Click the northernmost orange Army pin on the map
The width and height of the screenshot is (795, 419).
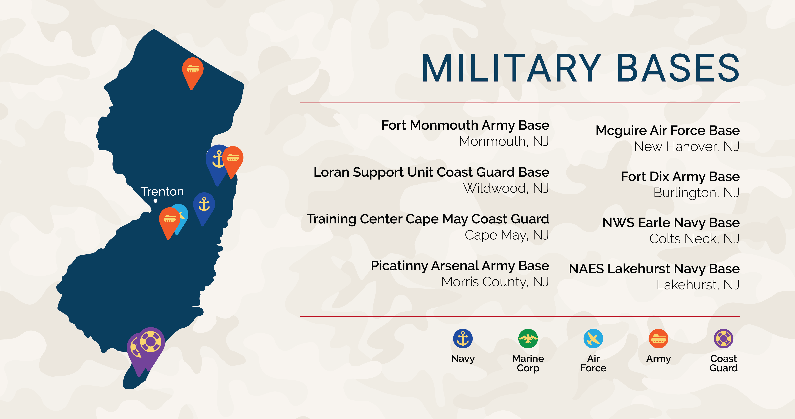click(193, 69)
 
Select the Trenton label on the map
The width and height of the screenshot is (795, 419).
click(162, 192)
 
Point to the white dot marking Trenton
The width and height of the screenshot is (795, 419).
click(156, 201)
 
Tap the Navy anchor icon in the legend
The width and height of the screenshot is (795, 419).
click(463, 339)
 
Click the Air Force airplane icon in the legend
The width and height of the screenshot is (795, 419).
click(593, 339)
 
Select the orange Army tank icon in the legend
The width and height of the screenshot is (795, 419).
click(658, 339)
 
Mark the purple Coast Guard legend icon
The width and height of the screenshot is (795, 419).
click(723, 339)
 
